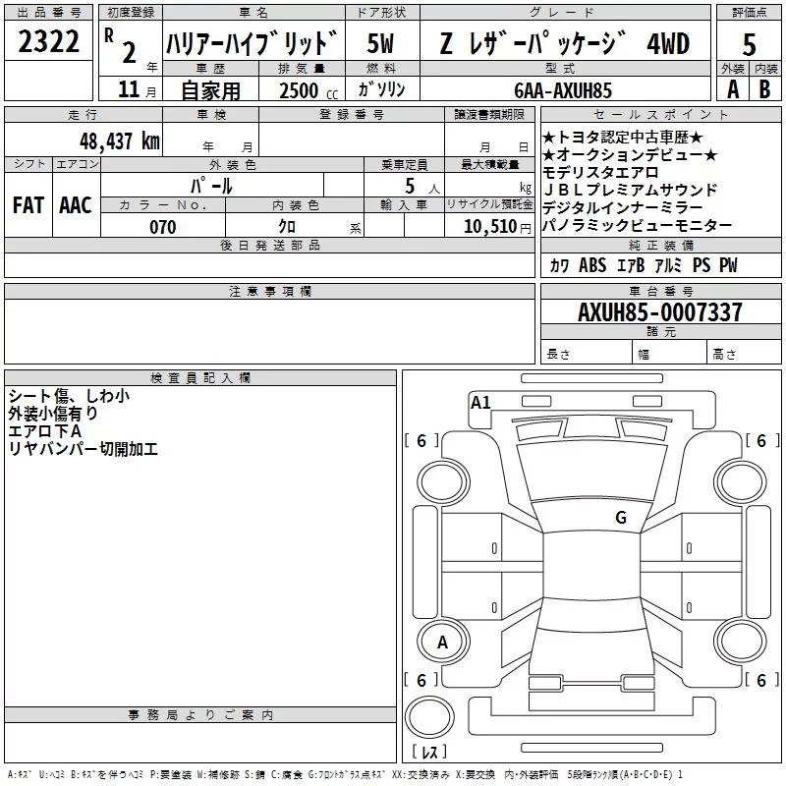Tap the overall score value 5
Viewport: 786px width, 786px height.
749,44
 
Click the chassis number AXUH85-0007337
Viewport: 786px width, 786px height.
659,313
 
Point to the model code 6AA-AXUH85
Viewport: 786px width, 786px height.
563,89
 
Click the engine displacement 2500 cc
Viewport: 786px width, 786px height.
300,90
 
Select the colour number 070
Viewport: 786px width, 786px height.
162,227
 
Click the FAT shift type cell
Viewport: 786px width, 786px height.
28,205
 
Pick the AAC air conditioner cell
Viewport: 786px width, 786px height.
75,205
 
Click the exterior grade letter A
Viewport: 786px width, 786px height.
732,89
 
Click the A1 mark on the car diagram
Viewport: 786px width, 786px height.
480,402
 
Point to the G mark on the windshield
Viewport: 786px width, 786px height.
621,517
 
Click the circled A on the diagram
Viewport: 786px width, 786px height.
442,643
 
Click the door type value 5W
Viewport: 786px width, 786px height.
381,44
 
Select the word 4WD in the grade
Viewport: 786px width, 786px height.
668,44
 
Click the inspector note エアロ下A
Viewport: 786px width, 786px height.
45,431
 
